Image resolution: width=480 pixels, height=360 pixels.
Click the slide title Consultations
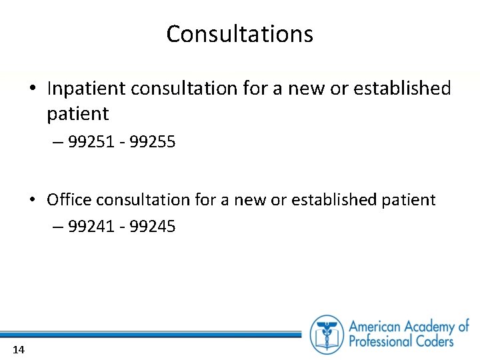tap(239, 34)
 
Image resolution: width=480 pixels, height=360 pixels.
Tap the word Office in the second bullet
tap(69, 199)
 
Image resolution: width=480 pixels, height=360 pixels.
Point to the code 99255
tap(153, 141)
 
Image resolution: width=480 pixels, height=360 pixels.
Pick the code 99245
tap(153, 227)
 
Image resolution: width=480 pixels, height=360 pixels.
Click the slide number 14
tap(19, 350)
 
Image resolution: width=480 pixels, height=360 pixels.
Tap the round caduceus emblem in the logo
tap(327, 334)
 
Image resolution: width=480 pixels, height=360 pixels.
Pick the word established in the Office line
tap(331, 199)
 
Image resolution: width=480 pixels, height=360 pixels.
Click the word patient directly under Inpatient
tap(77, 114)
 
